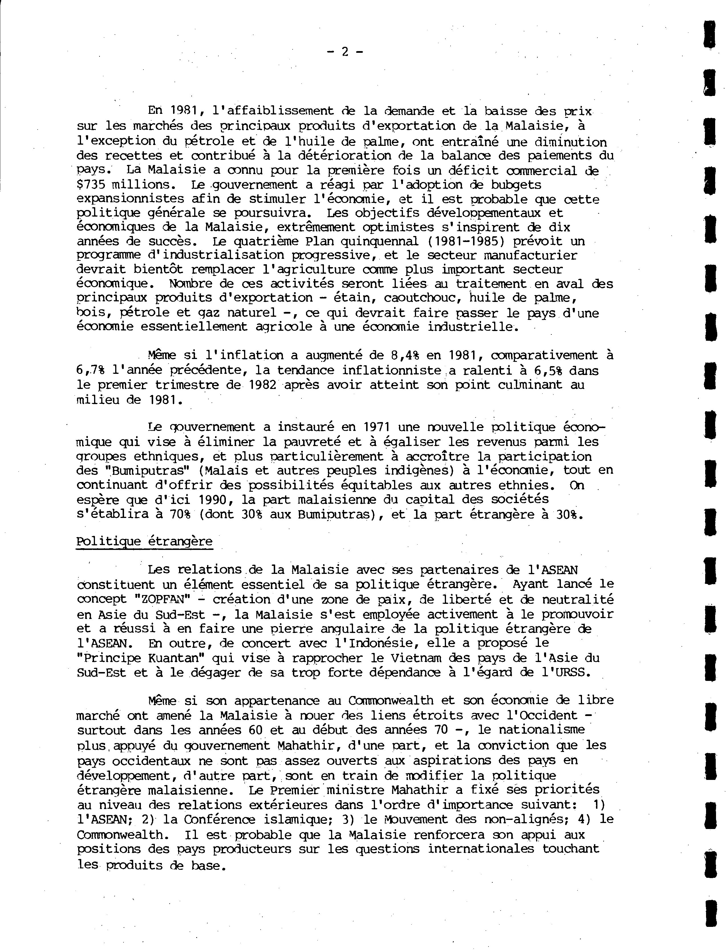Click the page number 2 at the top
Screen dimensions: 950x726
345,52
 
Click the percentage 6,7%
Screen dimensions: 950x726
91,370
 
